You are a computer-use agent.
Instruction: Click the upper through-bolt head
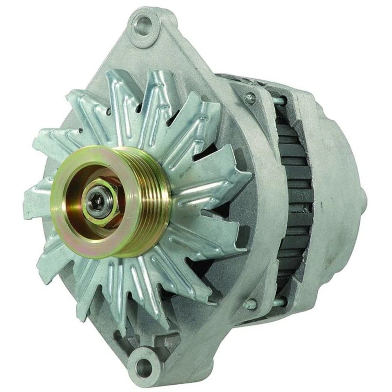[249, 98]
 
